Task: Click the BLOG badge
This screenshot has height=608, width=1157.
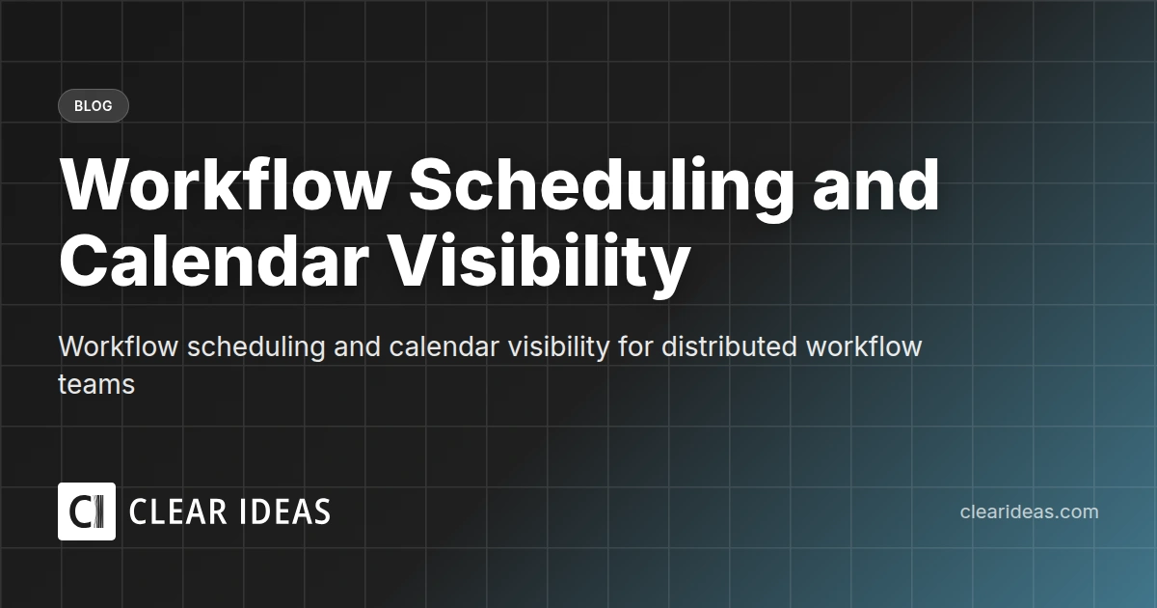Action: click(93, 106)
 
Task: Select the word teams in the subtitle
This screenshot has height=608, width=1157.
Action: click(96, 384)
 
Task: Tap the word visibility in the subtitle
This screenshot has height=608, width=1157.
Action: click(557, 346)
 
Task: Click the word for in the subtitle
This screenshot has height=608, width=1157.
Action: click(636, 346)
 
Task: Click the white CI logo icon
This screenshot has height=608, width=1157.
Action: click(87, 511)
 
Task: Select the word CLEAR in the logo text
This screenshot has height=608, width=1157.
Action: click(176, 512)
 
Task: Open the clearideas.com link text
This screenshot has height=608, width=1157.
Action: click(1029, 512)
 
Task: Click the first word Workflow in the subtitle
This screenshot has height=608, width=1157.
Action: click(119, 346)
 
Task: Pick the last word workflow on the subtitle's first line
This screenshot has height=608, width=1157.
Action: click(864, 346)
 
